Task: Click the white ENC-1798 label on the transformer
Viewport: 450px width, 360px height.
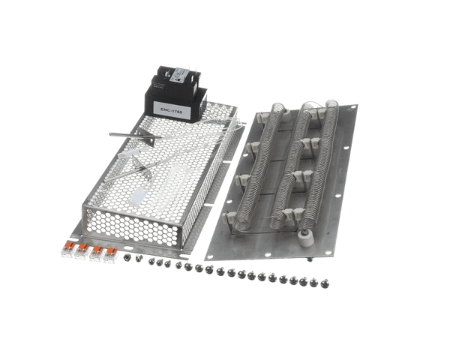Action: pos(175,109)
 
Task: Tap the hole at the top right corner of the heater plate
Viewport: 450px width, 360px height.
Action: pos(346,109)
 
